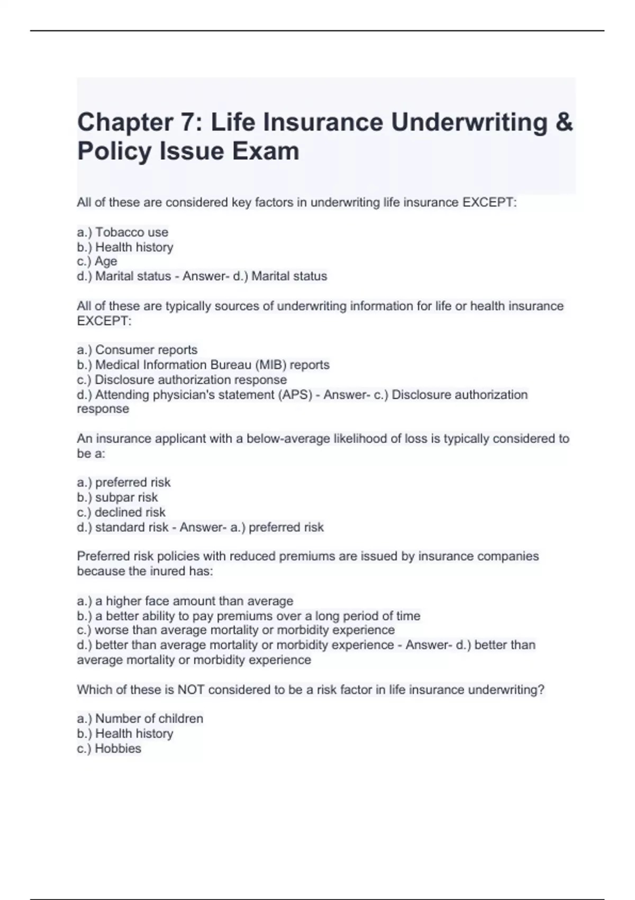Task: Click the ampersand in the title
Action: [x=565, y=122]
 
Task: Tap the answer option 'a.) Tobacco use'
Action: [x=123, y=232]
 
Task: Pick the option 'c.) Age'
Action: [x=97, y=262]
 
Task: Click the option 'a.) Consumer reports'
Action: [x=137, y=350]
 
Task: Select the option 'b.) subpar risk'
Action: [x=117, y=498]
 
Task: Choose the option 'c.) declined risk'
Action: [x=121, y=512]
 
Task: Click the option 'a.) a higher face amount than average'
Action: [x=185, y=601]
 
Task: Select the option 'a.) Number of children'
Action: [x=140, y=719]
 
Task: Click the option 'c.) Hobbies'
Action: [x=109, y=749]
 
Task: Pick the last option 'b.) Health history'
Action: [x=125, y=734]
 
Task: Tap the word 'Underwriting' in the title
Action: [x=469, y=122]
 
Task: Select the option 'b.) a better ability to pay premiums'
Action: [x=249, y=616]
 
